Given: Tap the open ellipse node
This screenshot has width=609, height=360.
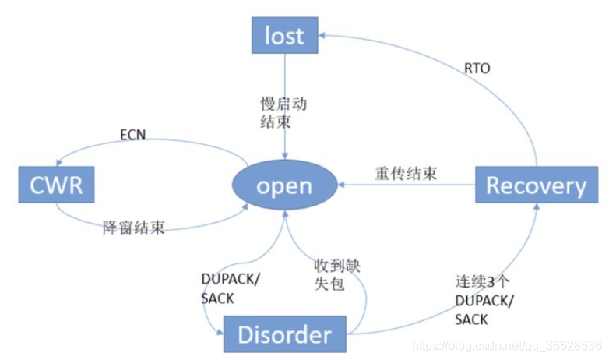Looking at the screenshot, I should coord(284,186).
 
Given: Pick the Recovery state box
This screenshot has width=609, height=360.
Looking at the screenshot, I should coord(536,185).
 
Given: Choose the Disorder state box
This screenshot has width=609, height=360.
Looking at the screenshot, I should coord(283,335).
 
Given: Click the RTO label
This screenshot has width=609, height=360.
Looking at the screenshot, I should coord(477,69).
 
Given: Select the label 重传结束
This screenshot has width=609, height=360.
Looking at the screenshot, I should coord(405,173).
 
